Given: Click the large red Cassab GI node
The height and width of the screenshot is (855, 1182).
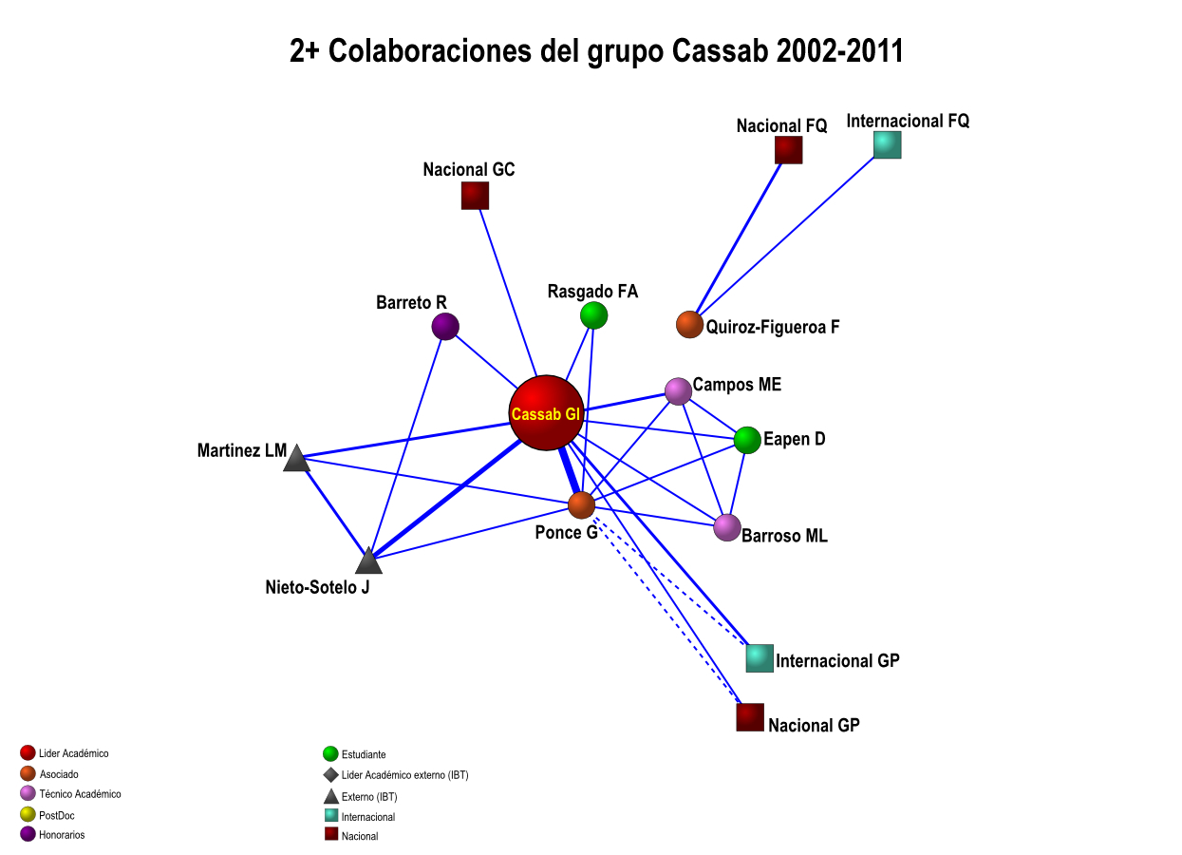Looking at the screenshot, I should tap(546, 413).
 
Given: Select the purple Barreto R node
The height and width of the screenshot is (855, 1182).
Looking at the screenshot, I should tap(445, 327).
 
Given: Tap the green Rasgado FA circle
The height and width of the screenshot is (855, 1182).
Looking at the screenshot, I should tap(593, 315).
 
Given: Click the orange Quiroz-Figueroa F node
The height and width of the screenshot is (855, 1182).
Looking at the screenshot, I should tap(689, 325).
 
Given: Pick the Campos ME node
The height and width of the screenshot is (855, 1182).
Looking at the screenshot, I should tap(678, 390).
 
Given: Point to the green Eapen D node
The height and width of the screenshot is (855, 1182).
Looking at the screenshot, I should tap(747, 440).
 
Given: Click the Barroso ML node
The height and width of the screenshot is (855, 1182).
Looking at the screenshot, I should tap(727, 527).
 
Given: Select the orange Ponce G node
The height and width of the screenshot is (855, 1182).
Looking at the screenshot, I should tap(581, 505).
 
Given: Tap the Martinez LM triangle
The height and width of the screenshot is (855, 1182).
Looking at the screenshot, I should tap(297, 459).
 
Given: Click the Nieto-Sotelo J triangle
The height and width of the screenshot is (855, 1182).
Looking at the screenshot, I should tap(368, 561).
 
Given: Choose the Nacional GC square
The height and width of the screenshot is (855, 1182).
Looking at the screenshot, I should tap(475, 196).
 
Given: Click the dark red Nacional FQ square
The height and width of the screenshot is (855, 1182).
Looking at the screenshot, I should tap(788, 150).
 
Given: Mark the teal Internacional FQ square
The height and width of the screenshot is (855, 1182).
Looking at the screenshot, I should tap(887, 144).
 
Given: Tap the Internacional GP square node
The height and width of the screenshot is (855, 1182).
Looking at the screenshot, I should tap(760, 657).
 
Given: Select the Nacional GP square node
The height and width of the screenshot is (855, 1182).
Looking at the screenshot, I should tap(750, 717).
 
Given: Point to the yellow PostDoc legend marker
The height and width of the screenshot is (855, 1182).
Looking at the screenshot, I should tap(28, 814).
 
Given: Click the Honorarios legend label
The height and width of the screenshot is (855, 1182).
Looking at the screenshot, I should tap(62, 835).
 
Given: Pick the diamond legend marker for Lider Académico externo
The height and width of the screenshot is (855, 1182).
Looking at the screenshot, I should tap(330, 775).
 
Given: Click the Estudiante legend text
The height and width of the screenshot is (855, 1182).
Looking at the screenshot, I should tap(364, 755).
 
